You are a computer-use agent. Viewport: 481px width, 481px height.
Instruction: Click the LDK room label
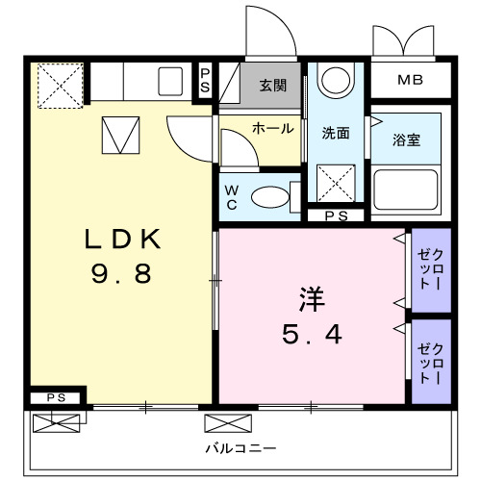pos(120,238)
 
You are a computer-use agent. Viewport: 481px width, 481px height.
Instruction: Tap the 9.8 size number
pos(120,275)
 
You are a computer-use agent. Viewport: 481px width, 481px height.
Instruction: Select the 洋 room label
pos(310,299)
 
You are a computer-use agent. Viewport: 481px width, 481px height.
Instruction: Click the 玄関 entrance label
pos(272,85)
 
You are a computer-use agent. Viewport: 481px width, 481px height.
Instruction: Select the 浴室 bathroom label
pos(406,139)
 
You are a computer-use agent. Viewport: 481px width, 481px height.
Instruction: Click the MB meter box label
pos(410,79)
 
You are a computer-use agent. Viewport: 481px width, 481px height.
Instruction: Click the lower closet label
pos(430,359)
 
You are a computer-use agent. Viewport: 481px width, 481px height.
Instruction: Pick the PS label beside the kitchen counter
pos(205,78)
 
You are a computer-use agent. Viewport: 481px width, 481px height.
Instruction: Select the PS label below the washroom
pos(336,216)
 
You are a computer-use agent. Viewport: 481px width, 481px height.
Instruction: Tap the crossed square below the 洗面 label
pos(336,180)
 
